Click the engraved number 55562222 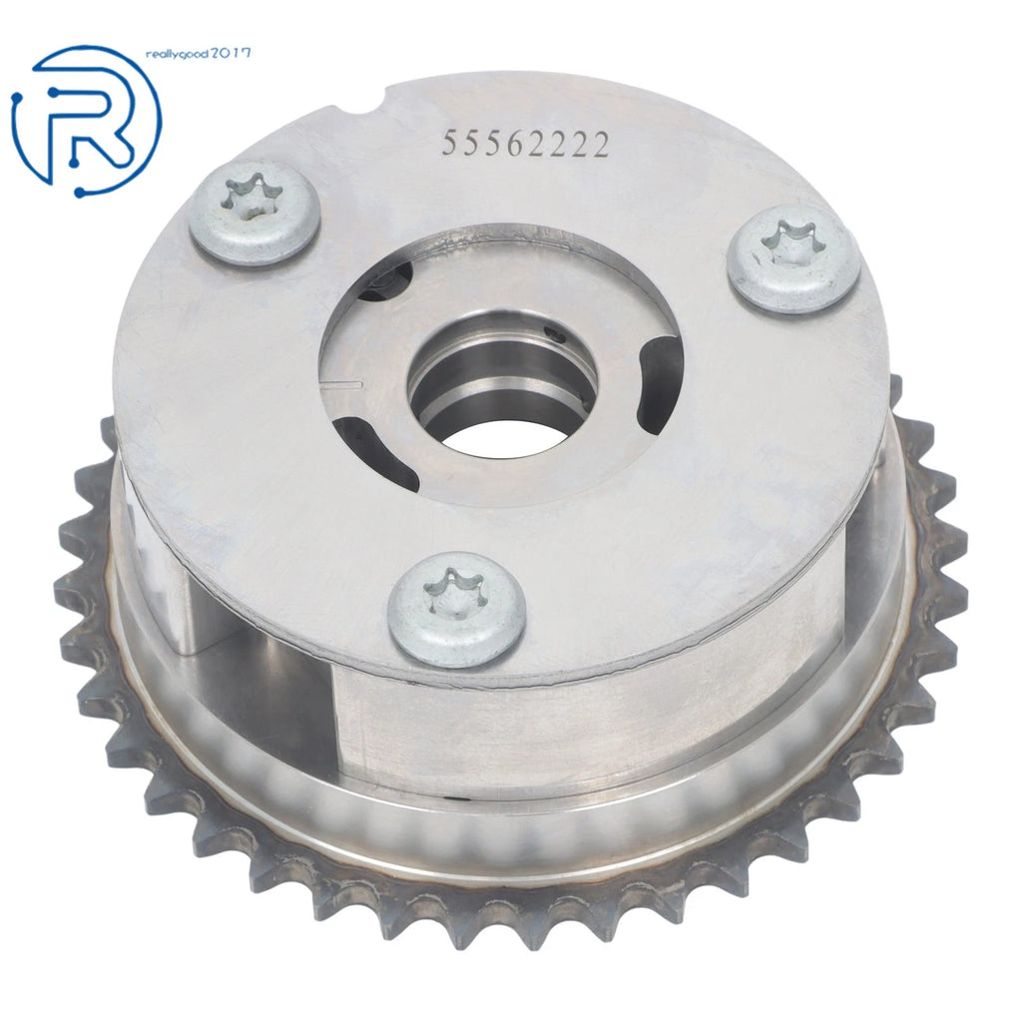click(525, 144)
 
